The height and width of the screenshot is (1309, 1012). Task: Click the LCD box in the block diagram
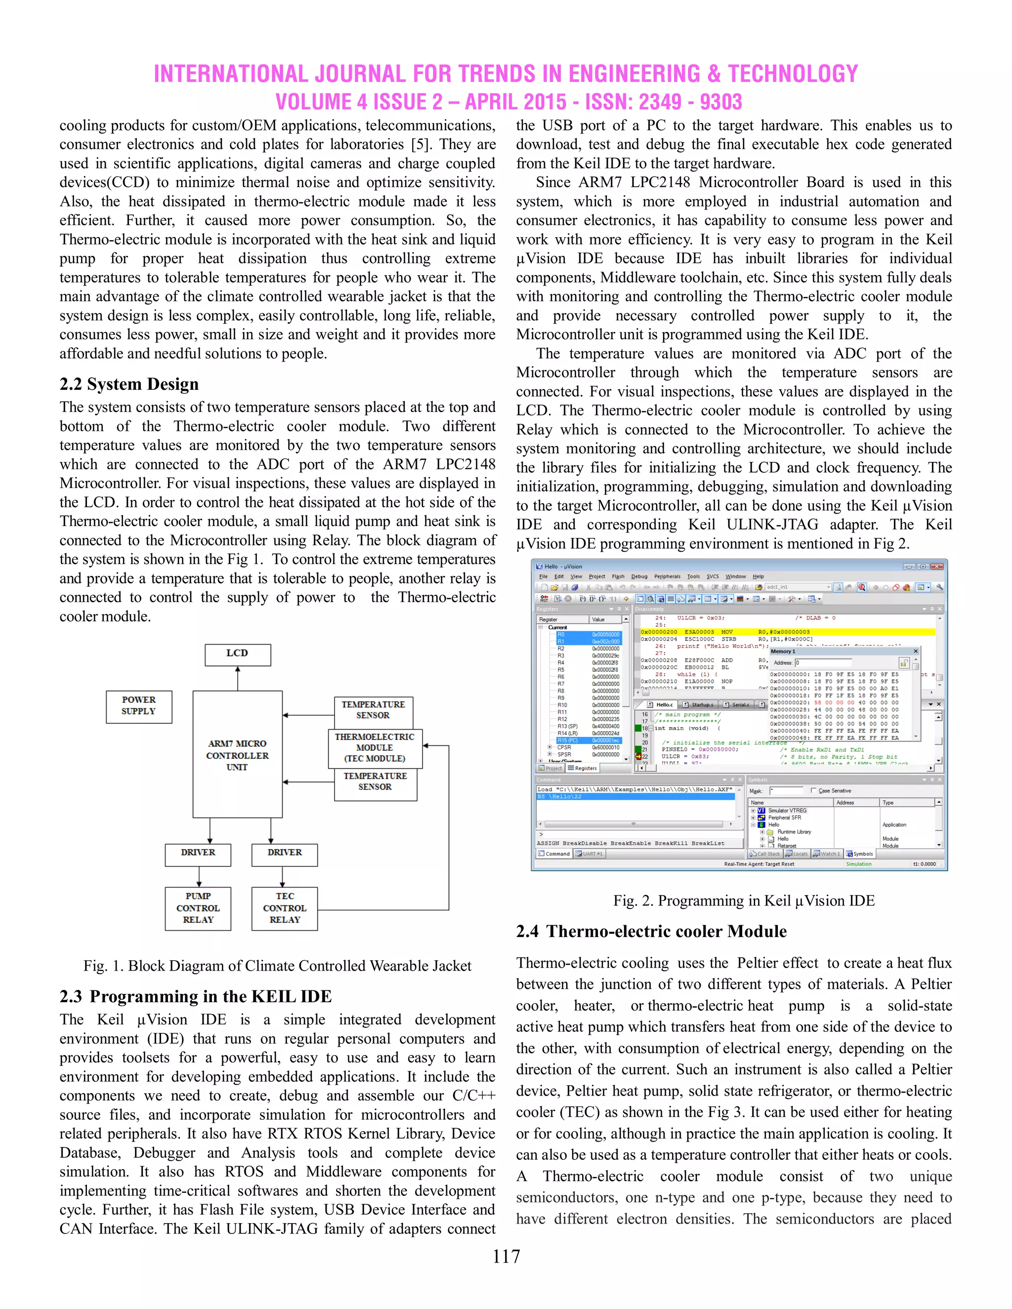(237, 654)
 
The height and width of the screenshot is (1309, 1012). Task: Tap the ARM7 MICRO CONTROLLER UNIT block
(237, 754)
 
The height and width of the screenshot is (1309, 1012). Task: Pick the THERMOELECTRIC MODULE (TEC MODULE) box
(375, 748)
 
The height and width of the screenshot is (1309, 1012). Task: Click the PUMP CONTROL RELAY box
(198, 908)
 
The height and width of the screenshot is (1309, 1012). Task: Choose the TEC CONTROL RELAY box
(284, 908)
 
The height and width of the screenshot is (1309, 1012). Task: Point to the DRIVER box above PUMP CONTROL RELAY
(198, 854)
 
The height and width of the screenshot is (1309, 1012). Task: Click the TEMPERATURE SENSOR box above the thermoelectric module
(373, 710)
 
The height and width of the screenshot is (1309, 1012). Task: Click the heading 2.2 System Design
(129, 384)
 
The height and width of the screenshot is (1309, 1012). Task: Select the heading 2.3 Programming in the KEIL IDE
(196, 996)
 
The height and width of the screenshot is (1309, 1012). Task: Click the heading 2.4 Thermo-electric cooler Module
(651, 931)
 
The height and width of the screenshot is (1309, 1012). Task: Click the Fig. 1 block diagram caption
(277, 966)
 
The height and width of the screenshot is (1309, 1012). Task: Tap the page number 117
(506, 1256)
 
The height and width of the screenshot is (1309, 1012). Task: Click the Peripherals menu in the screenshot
(667, 576)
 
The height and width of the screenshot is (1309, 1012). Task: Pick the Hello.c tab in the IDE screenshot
(664, 705)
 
